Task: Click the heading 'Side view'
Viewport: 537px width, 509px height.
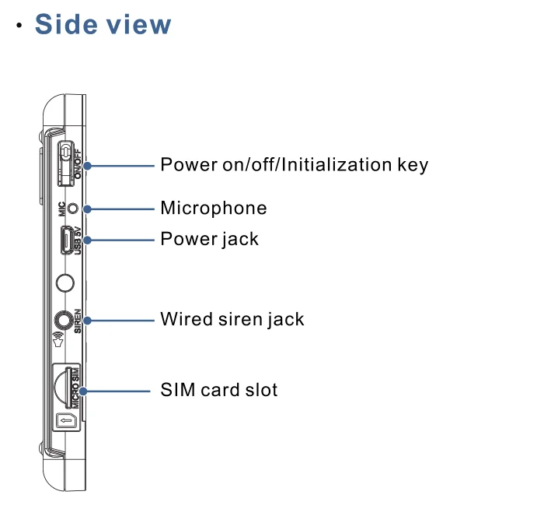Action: [x=103, y=24]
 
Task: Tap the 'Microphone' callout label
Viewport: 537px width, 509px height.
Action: [x=214, y=209]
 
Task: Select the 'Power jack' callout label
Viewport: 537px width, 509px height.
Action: [x=210, y=239]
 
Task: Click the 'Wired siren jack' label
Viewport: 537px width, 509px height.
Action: [x=232, y=319]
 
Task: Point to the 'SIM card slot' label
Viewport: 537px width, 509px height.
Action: [x=219, y=390]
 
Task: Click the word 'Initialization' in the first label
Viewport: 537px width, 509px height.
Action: [x=336, y=164]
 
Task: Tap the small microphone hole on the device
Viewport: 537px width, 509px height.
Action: [x=73, y=209]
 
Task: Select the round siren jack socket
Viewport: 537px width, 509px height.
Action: [x=64, y=320]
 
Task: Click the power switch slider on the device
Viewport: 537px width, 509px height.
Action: [x=65, y=163]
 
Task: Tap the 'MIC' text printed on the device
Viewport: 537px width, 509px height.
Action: [x=62, y=209]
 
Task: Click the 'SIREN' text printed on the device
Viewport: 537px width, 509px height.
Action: [x=78, y=321]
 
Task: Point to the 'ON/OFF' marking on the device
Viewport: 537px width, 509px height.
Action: [x=78, y=163]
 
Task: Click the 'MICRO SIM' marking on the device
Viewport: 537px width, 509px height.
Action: [x=75, y=388]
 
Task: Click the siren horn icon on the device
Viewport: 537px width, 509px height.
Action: [x=58, y=339]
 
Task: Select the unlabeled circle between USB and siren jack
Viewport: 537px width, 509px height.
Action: [x=65, y=283]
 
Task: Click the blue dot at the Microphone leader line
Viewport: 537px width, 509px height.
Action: [x=88, y=209]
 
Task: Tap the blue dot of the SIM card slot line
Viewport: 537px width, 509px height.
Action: [x=83, y=391]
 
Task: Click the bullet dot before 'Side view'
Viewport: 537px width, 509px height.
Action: [x=19, y=25]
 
